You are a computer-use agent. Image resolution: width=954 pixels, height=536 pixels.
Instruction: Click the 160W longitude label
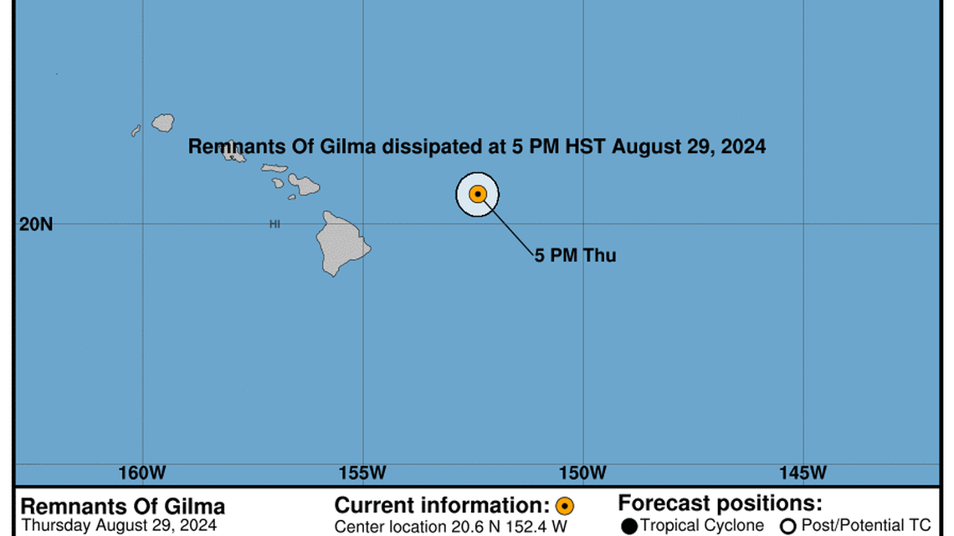coord(142,473)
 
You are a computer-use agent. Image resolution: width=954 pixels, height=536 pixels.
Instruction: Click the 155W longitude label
coord(363,473)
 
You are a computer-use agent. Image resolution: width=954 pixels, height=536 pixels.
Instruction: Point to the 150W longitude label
coord(582,473)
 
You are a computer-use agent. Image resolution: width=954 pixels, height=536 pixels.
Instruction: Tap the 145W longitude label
coord(803,473)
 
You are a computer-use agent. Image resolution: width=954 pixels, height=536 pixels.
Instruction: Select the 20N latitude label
coord(36,224)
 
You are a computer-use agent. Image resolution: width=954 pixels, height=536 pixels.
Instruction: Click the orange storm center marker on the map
coord(478,194)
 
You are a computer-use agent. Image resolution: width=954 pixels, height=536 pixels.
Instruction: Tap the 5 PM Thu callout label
coord(576,256)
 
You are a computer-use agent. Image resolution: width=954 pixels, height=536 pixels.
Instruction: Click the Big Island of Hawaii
coord(342,243)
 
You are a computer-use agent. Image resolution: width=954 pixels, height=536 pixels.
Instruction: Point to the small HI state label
coord(274,224)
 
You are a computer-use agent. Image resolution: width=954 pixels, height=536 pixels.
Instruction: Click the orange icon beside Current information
coord(565,506)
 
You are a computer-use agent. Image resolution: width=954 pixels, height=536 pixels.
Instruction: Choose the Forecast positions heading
coord(720,504)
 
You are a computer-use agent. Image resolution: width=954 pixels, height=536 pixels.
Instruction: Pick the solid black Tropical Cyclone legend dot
coord(629,526)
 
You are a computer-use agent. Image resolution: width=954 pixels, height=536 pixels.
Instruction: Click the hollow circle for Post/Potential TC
coord(787,526)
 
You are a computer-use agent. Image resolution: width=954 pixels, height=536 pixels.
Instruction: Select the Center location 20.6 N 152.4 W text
coord(450,527)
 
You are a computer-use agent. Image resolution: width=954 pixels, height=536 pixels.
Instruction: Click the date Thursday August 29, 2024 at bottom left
coord(118,526)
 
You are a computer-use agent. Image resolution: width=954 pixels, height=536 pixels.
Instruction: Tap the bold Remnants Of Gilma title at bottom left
coord(122,507)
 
